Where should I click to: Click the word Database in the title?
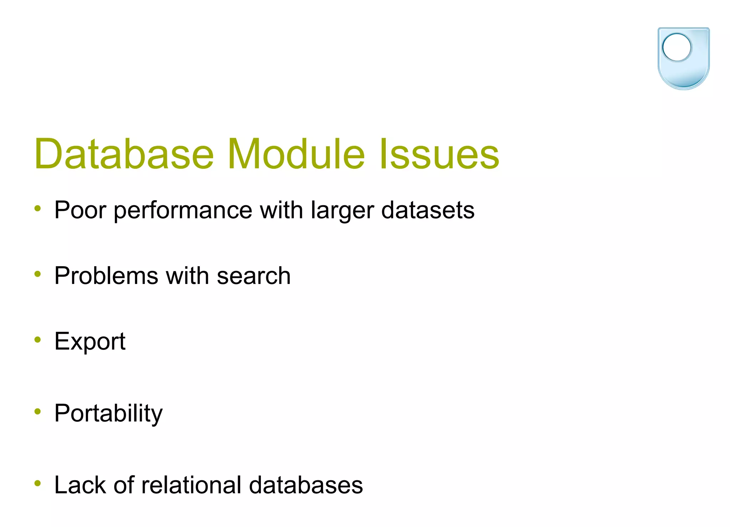click(x=124, y=154)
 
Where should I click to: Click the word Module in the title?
click(x=296, y=154)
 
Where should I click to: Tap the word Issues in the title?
click(x=439, y=154)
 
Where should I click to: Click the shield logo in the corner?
click(x=683, y=59)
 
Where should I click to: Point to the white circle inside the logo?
click(x=676, y=47)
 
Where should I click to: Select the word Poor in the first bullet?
click(x=80, y=210)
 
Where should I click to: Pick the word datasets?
click(x=428, y=210)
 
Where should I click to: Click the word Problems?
click(x=106, y=276)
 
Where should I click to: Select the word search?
click(x=253, y=276)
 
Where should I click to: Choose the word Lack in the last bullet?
click(x=80, y=485)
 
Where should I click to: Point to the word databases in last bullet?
click(x=305, y=485)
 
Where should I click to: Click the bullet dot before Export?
click(x=38, y=340)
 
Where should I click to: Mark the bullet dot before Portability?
click(x=38, y=412)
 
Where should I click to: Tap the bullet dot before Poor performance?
click(x=38, y=208)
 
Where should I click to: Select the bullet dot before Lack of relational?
click(x=38, y=483)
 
